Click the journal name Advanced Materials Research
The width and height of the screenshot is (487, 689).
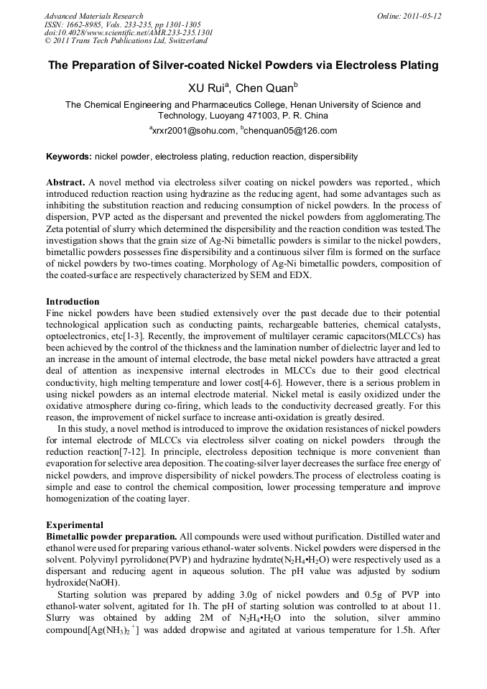pos(93,16)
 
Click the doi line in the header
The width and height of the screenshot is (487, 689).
pos(128,33)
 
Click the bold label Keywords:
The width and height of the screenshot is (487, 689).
pos(69,156)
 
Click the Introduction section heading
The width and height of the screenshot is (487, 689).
pos(73,302)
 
